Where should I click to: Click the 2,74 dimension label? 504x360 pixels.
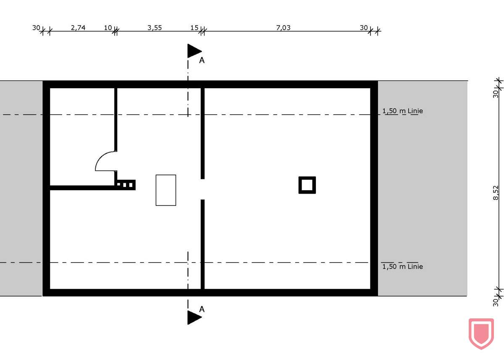coord(78,28)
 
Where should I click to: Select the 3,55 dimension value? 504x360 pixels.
coord(155,28)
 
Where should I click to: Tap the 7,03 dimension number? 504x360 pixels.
coord(283,28)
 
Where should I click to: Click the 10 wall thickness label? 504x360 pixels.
coord(108,28)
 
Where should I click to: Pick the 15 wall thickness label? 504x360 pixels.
coord(194,28)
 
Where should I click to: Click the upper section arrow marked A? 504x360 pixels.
coord(194,51)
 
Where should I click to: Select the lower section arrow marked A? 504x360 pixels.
coord(194,317)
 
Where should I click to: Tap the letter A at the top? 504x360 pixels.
coord(202,60)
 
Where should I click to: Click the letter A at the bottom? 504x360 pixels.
coord(202,309)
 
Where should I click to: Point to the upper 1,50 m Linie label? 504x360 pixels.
coord(402,111)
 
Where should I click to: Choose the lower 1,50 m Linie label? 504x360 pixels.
coord(402,266)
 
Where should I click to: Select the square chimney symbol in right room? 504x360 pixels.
coord(307,185)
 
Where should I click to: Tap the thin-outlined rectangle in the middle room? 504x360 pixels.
coord(166,190)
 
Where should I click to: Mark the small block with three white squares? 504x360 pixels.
coord(126,184)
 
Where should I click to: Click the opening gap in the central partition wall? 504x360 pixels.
coord(202,189)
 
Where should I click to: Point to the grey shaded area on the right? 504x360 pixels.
coord(422,189)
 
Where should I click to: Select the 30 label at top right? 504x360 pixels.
coord(364,28)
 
